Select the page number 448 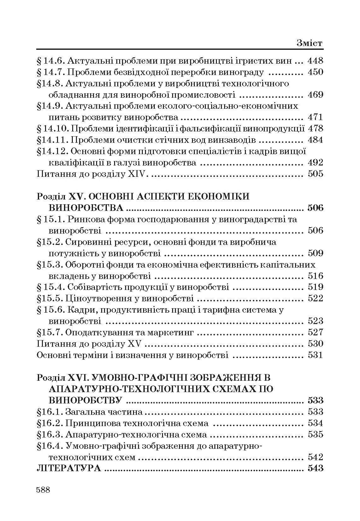pyautogui.click(x=315, y=61)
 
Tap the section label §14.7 pyautogui.click(x=51, y=72)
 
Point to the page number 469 pyautogui.click(x=315, y=95)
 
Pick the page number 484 pyautogui.click(x=315, y=140)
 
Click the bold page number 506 pyautogui.click(x=315, y=208)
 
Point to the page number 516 pyautogui.click(x=315, y=276)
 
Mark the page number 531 pyautogui.click(x=315, y=355)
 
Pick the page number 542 pyautogui.click(x=315, y=457)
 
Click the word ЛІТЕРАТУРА pyautogui.click(x=69, y=468)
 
